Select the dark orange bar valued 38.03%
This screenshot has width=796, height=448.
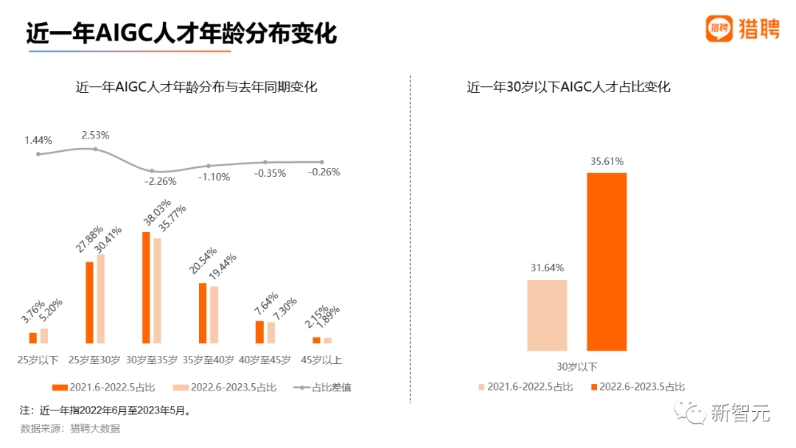click(146, 287)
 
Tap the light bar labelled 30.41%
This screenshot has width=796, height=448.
click(101, 298)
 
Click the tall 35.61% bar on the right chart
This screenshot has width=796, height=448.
click(607, 262)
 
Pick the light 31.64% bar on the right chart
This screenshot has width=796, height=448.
click(547, 315)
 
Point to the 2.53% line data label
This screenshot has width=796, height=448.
click(95, 135)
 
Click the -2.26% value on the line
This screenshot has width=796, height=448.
click(161, 181)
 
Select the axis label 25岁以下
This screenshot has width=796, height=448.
click(38, 360)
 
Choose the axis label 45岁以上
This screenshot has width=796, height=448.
click(321, 360)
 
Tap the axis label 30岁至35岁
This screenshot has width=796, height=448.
click(152, 360)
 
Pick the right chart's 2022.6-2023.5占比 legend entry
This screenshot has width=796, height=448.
click(638, 387)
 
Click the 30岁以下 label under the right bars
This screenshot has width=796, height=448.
click(576, 366)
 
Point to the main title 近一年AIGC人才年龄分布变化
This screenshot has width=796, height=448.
click(181, 34)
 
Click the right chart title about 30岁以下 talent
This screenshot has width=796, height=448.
click(568, 87)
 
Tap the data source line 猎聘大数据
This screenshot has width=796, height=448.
click(70, 428)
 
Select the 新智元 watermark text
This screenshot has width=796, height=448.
click(740, 414)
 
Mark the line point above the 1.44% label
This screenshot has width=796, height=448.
click(38, 154)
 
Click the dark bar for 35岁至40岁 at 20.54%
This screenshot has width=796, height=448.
click(203, 313)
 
